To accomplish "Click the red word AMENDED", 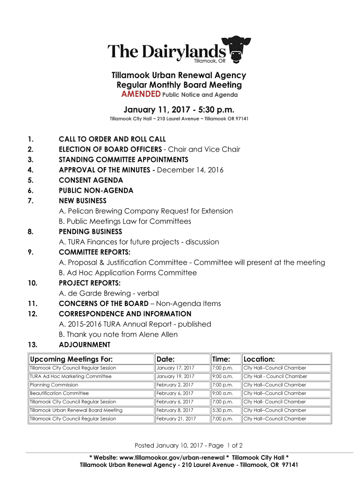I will point(141,94).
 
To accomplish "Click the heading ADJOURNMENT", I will point(85,345).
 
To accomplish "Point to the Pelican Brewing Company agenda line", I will point(146,211).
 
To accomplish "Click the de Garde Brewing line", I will point(109,293).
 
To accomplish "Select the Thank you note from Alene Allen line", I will point(118,334).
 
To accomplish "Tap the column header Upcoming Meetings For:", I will point(71,359).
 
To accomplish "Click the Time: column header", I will point(221,359).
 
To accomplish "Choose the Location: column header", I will point(259,359).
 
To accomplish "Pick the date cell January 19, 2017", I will point(175,376).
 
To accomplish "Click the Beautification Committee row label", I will point(59,393).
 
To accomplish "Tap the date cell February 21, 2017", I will point(176,419).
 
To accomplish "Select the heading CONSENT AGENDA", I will point(91,180).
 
